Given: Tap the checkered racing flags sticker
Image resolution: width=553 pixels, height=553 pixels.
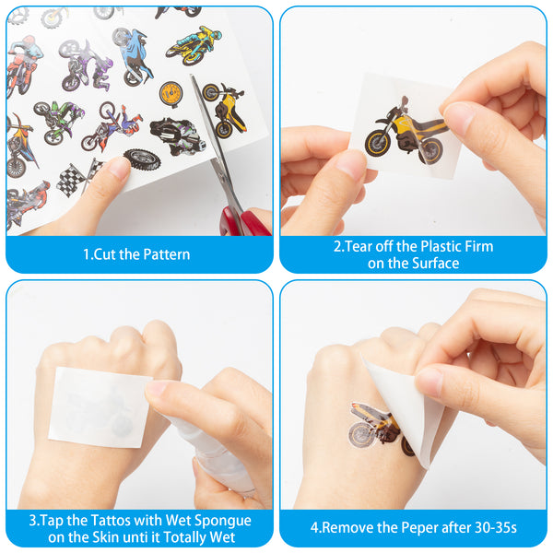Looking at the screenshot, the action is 80,179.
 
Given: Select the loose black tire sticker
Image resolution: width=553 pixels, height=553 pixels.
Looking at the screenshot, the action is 142,159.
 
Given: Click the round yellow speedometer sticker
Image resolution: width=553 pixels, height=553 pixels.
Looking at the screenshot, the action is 171,94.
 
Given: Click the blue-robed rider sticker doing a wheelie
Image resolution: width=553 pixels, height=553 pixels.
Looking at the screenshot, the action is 133,57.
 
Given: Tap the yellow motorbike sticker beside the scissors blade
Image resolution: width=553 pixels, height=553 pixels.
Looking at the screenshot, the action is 224,110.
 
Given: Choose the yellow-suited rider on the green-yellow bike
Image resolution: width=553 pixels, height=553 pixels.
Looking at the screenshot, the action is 194,46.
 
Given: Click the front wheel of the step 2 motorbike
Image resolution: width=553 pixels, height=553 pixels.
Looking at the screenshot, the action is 379,144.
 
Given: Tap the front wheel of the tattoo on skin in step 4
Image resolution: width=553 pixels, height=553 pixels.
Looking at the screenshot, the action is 360,434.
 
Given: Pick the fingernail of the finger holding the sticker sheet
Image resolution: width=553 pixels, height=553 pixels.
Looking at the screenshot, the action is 119,167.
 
